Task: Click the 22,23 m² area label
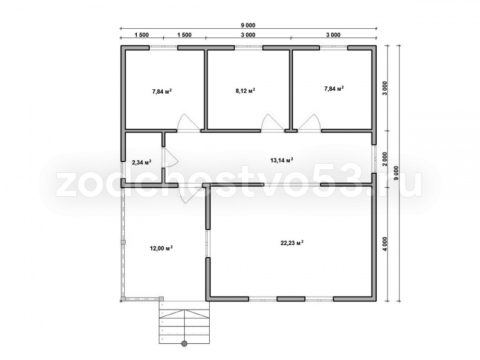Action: [x=292, y=243]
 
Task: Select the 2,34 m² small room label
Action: [x=142, y=162]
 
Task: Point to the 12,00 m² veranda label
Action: [x=161, y=248]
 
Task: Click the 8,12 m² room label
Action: [x=245, y=91]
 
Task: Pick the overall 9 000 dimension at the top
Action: [x=248, y=25]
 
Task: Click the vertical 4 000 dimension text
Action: [x=385, y=244]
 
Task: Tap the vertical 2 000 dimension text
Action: [x=385, y=159]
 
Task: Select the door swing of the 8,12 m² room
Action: [x=273, y=123]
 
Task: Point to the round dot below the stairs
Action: [x=184, y=344]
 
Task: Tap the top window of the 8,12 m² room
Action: [x=248, y=48]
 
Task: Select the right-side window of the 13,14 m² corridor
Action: [x=374, y=158]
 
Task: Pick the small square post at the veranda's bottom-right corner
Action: [x=161, y=299]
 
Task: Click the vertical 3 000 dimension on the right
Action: [x=385, y=88]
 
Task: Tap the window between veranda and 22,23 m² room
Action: [x=207, y=243]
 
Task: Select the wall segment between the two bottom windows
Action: [x=291, y=299]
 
